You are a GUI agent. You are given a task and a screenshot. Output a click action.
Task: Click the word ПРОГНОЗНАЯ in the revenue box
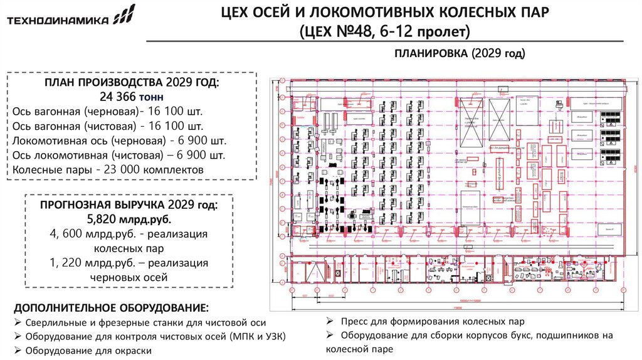pos(81,205)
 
